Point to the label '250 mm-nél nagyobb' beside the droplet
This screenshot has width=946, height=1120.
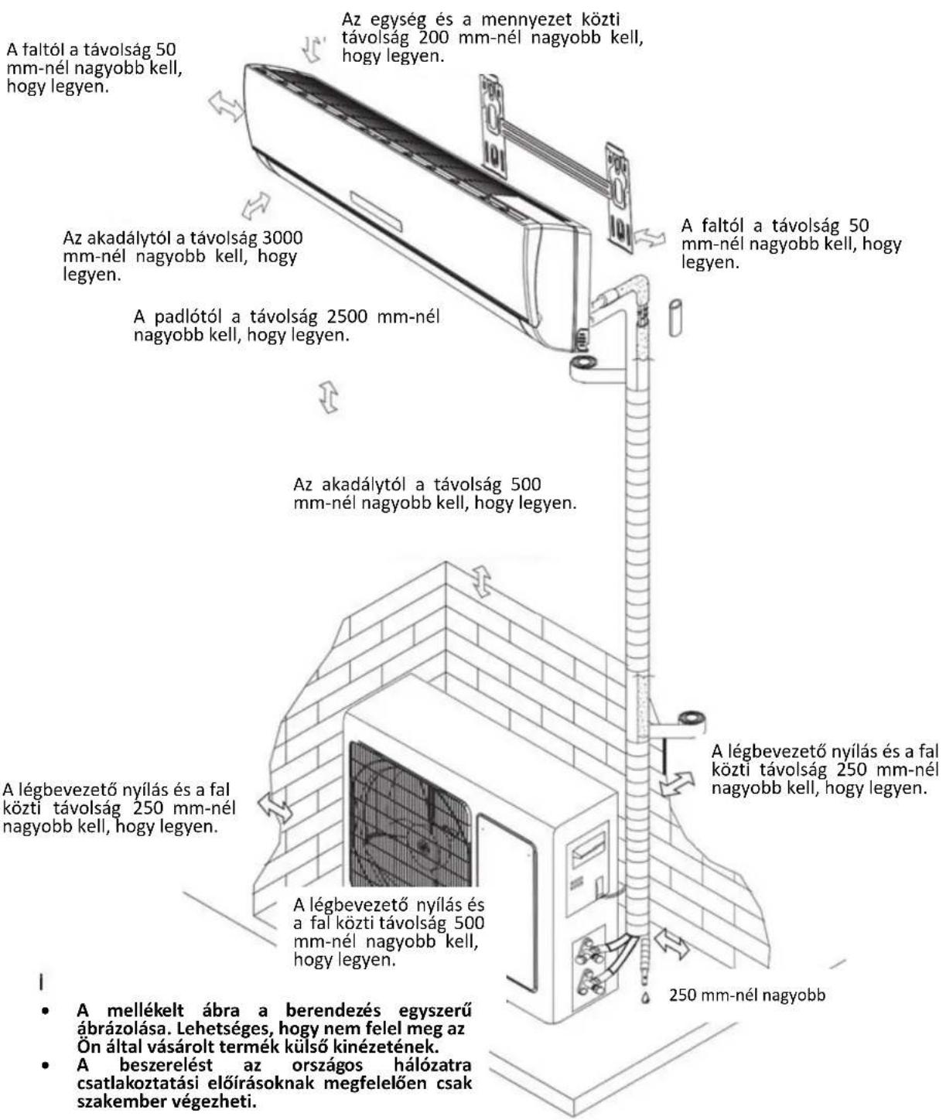(747, 995)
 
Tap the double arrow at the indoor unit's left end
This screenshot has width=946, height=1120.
(226, 105)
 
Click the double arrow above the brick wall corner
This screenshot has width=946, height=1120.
(482, 581)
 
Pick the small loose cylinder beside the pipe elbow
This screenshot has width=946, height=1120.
(675, 318)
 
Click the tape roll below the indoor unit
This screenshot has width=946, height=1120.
(582, 363)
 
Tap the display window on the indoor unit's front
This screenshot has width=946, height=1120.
(376, 210)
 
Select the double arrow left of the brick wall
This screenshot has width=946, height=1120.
(275, 807)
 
